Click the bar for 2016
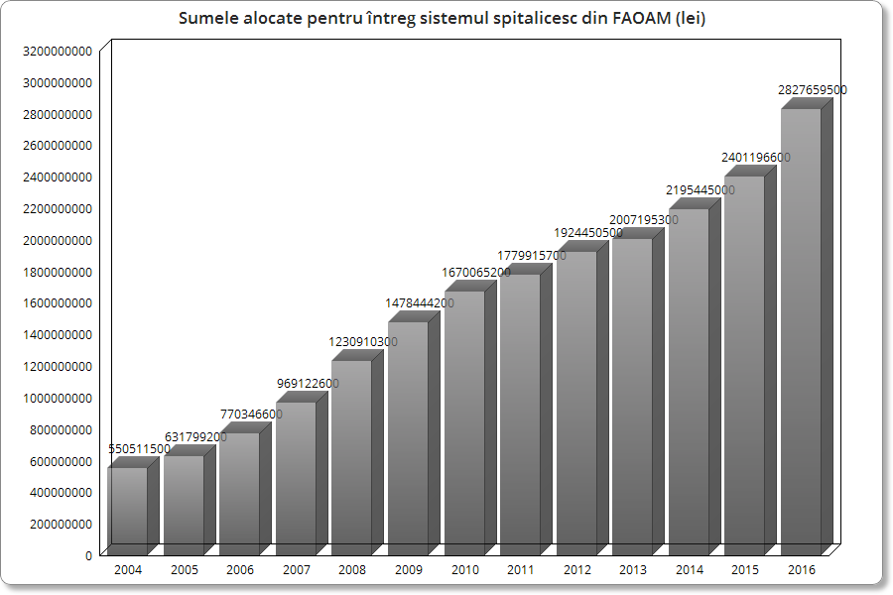[801, 332]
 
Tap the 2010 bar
[464, 422]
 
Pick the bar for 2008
[352, 457]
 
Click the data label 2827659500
[813, 90]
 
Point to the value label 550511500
[140, 449]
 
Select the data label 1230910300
[363, 342]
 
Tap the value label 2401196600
[756, 158]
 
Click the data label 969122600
[308, 384]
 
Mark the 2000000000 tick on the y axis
[57, 240]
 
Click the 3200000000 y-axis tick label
[57, 51]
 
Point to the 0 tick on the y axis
[88, 555]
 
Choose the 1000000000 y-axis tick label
[57, 398]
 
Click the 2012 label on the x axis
[576, 570]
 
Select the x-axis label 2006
[240, 570]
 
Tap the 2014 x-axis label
[689, 570]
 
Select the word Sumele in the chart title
[208, 19]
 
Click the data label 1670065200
[476, 273]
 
